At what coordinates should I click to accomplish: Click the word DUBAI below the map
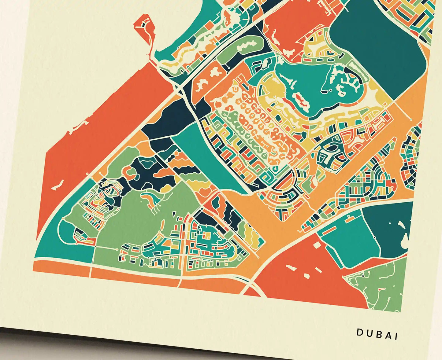coord(377,334)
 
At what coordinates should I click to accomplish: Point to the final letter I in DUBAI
coord(396,336)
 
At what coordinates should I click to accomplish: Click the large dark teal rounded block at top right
coord(382,46)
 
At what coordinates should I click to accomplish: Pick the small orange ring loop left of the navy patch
coord(131,174)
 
